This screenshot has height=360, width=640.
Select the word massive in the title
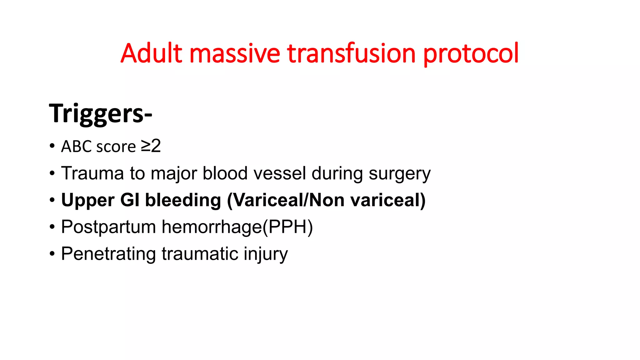(234, 53)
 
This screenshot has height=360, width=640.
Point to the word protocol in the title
(471, 53)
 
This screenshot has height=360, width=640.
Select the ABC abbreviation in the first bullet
(77, 147)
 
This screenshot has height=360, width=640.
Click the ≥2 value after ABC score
(151, 146)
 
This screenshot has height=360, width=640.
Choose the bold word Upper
(88, 200)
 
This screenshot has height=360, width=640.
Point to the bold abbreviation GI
(130, 200)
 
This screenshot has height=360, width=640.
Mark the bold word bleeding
(183, 200)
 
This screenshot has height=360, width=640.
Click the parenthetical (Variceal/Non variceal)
(326, 200)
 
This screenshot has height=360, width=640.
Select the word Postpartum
(108, 227)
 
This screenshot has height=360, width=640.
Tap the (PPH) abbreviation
(287, 227)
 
